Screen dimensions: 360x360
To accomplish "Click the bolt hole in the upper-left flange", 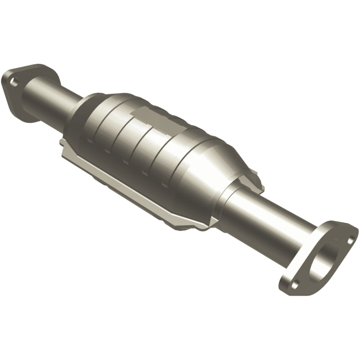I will point(15,83).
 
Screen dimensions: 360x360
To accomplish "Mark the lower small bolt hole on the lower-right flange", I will point(294,284).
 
